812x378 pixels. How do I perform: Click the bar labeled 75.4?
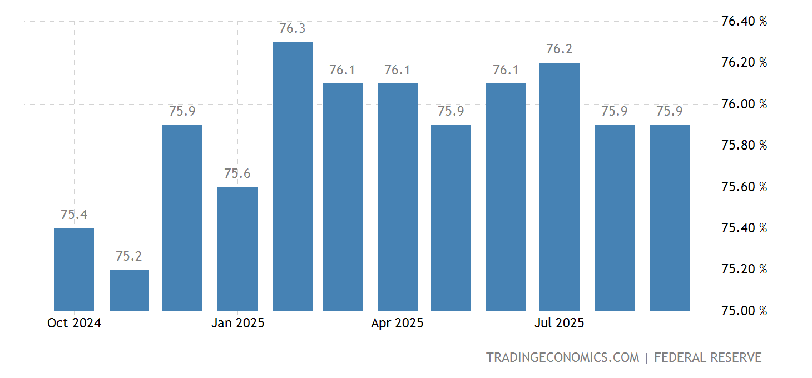(x=74, y=269)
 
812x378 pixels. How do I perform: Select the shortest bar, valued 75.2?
(x=129, y=290)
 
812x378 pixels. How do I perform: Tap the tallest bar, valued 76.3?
(x=293, y=176)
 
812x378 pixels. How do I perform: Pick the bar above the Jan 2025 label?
(x=237, y=248)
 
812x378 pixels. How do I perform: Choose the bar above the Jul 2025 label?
(x=560, y=186)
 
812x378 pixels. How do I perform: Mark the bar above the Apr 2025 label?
(x=398, y=197)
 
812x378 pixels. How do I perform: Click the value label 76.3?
(x=293, y=29)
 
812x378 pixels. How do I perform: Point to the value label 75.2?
(x=129, y=257)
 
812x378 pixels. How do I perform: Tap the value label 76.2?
(x=560, y=49)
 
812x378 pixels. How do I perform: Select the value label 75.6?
(x=237, y=174)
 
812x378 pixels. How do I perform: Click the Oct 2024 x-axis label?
(x=74, y=323)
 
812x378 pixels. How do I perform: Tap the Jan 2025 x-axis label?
(x=237, y=323)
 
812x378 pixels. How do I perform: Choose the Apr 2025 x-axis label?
(x=397, y=323)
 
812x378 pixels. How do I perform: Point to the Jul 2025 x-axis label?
(x=559, y=323)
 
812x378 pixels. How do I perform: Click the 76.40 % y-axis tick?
(x=744, y=22)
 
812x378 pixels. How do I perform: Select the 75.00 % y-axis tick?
(x=744, y=311)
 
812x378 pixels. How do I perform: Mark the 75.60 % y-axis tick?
(x=744, y=187)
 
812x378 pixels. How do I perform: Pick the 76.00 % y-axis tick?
(x=744, y=104)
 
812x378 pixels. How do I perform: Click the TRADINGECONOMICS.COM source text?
(x=562, y=357)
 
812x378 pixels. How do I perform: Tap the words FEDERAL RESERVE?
(x=707, y=357)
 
